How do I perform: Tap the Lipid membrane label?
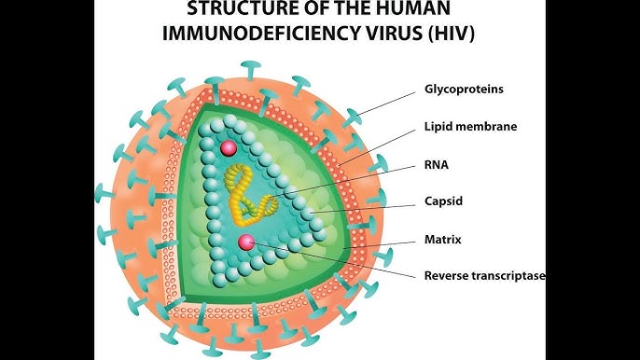click(470, 126)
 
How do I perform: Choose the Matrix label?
click(443, 240)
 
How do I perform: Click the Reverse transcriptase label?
click(484, 275)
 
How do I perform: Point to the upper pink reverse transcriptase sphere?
click(229, 147)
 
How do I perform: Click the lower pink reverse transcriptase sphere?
click(246, 243)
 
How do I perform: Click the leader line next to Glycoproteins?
click(383, 104)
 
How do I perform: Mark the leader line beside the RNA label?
click(355, 182)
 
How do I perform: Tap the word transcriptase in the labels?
click(510, 275)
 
